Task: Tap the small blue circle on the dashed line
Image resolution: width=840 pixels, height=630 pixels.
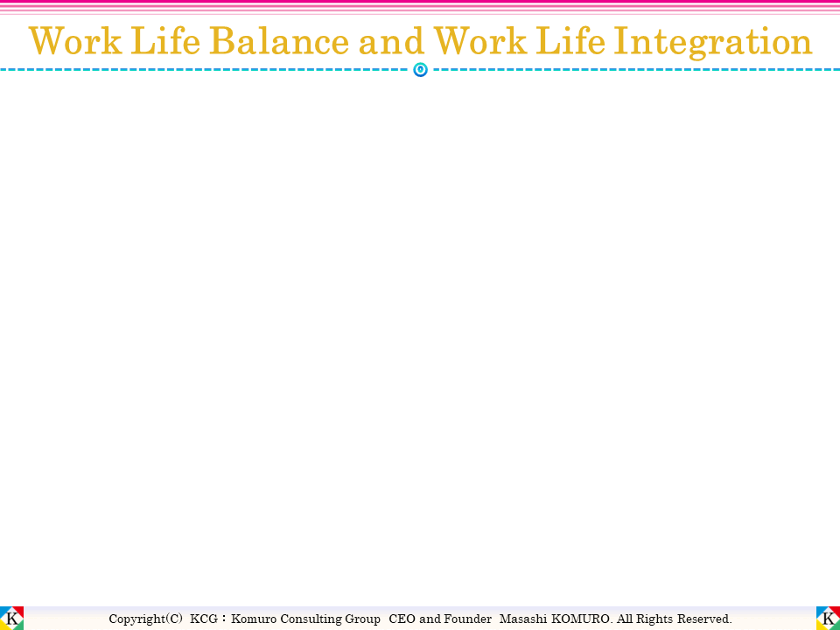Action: tap(420, 69)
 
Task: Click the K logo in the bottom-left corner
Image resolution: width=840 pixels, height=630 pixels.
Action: tap(12, 618)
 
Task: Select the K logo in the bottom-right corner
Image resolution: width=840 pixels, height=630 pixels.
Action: tap(828, 618)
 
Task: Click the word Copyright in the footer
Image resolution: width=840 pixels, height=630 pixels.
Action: tap(136, 619)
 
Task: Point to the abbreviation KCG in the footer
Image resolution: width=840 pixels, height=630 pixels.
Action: tap(205, 619)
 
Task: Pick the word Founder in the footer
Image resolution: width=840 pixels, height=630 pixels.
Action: tap(469, 619)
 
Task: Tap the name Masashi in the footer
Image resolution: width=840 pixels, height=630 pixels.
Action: tap(521, 619)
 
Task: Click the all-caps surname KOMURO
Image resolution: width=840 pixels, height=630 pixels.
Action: tap(580, 619)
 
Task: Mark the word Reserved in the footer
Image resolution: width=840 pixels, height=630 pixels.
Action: tap(706, 619)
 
